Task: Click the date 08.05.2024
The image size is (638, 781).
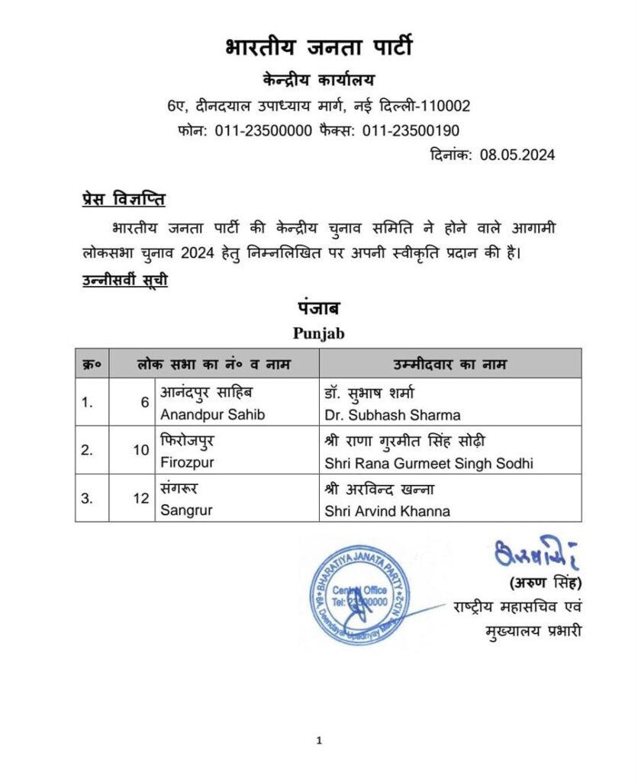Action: click(517, 155)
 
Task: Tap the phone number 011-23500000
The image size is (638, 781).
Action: click(263, 130)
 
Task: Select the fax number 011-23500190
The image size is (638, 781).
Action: click(411, 130)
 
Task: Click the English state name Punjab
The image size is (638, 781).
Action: click(319, 333)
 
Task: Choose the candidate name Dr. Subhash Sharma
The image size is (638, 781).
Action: click(392, 415)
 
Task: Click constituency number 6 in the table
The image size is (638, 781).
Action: click(144, 403)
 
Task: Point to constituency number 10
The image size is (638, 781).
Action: click(141, 450)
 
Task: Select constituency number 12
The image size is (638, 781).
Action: click(141, 498)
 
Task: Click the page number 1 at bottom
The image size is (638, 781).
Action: click(319, 740)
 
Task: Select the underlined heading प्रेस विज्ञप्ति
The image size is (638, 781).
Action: click(124, 200)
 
